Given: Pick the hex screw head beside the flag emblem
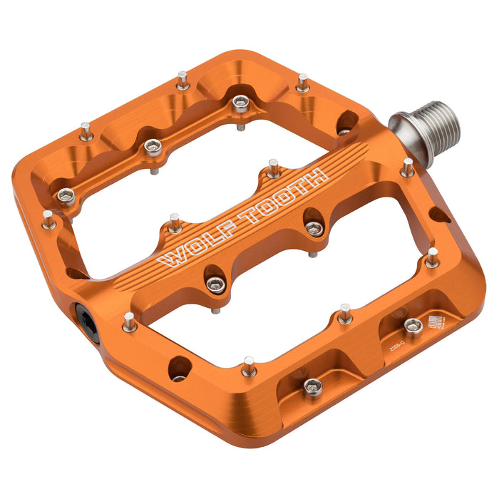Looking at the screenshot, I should point(412,325).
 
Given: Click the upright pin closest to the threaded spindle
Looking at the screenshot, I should point(407,169).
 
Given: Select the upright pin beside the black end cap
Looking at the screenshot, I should point(129,323).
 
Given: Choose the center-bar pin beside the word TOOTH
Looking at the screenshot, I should point(274,169).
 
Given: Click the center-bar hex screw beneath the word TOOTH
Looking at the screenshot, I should point(314,227).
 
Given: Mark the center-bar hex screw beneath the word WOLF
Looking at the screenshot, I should point(215,284).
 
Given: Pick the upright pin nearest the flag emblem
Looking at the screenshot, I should point(432,257).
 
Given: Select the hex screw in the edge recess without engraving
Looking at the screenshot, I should point(312,386).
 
